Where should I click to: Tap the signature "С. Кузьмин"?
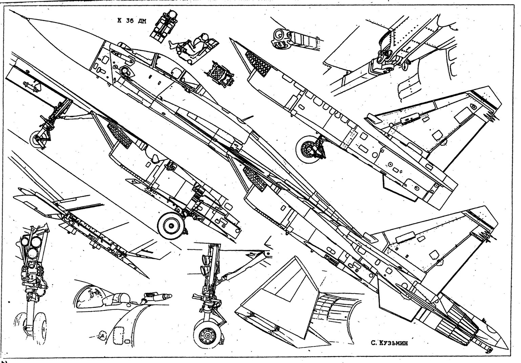(389, 343)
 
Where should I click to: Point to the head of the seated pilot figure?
(204, 37)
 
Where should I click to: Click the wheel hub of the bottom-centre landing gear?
(206, 335)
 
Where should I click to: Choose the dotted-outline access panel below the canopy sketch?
(119, 334)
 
